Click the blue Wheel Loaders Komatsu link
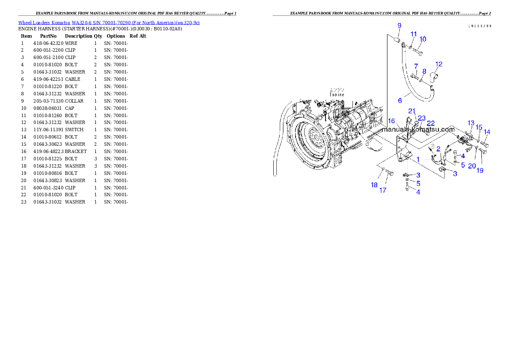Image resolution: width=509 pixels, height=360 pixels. pos(109,23)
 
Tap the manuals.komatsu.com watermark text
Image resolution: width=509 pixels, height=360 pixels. pos(419,129)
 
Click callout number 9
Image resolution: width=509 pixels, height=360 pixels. pos(399,26)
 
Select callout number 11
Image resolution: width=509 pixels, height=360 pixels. pos(414,34)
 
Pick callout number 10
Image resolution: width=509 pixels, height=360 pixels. pos(423,39)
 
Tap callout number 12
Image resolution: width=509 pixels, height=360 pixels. pos(439,64)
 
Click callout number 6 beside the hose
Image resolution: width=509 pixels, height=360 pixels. pos(400,101)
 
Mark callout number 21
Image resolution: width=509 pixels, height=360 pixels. pos(411,111)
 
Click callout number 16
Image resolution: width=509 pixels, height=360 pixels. pos(391,121)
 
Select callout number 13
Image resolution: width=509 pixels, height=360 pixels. pos(471,123)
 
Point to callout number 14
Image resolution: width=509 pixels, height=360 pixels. pos(487,132)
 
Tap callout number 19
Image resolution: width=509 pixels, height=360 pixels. pos(480,170)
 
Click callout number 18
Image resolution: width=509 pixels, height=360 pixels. pos(374,185)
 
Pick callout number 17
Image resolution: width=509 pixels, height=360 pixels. pos(383,190)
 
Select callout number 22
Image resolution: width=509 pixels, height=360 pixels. pos(431,123)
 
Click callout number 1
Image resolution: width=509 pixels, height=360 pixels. pos(418,159)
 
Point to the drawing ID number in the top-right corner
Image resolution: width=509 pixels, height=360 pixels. pos(479,26)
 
